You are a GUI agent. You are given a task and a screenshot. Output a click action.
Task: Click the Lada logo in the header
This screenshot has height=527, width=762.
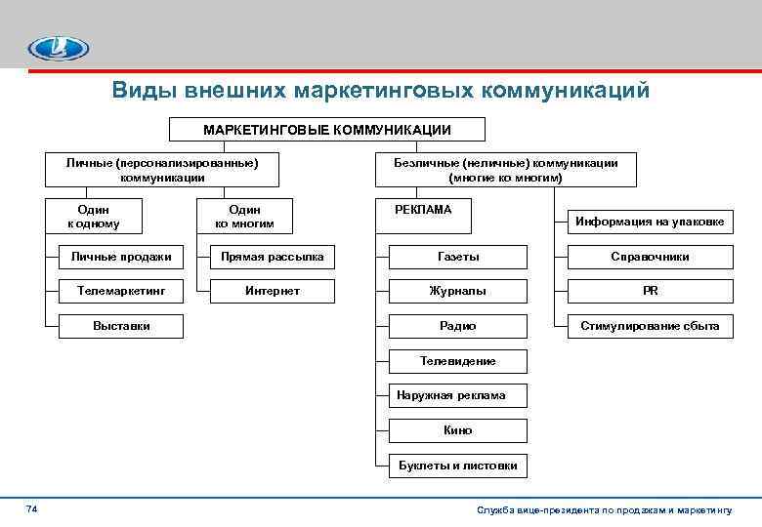pos(58,46)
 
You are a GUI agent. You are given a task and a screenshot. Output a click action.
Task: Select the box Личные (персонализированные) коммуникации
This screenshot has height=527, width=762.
pos(162,170)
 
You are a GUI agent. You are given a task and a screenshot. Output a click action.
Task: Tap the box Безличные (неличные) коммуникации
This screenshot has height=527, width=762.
pos(505,170)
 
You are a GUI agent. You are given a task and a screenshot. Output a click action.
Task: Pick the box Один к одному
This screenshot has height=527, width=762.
pos(94,217)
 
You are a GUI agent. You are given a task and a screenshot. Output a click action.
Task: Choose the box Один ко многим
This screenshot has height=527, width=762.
pos(244,217)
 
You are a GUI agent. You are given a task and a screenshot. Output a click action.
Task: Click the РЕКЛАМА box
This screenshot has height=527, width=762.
pos(422,209)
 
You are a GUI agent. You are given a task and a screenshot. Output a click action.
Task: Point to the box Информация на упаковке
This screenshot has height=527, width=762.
pos(650,222)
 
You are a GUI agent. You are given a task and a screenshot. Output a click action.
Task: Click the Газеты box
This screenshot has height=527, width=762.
pos(457,257)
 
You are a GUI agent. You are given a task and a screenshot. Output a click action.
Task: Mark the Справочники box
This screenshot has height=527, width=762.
pos(650,257)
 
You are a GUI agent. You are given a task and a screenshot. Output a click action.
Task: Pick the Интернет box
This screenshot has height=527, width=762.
pos(273,291)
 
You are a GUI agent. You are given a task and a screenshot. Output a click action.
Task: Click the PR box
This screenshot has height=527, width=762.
pos(650,291)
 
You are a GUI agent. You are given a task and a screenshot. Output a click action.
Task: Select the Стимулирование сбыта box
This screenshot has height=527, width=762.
pos(650,326)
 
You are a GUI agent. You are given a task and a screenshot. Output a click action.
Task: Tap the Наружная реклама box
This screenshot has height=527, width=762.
pos(457,395)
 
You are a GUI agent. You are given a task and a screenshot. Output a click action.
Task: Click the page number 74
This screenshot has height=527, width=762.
pos(31,509)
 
